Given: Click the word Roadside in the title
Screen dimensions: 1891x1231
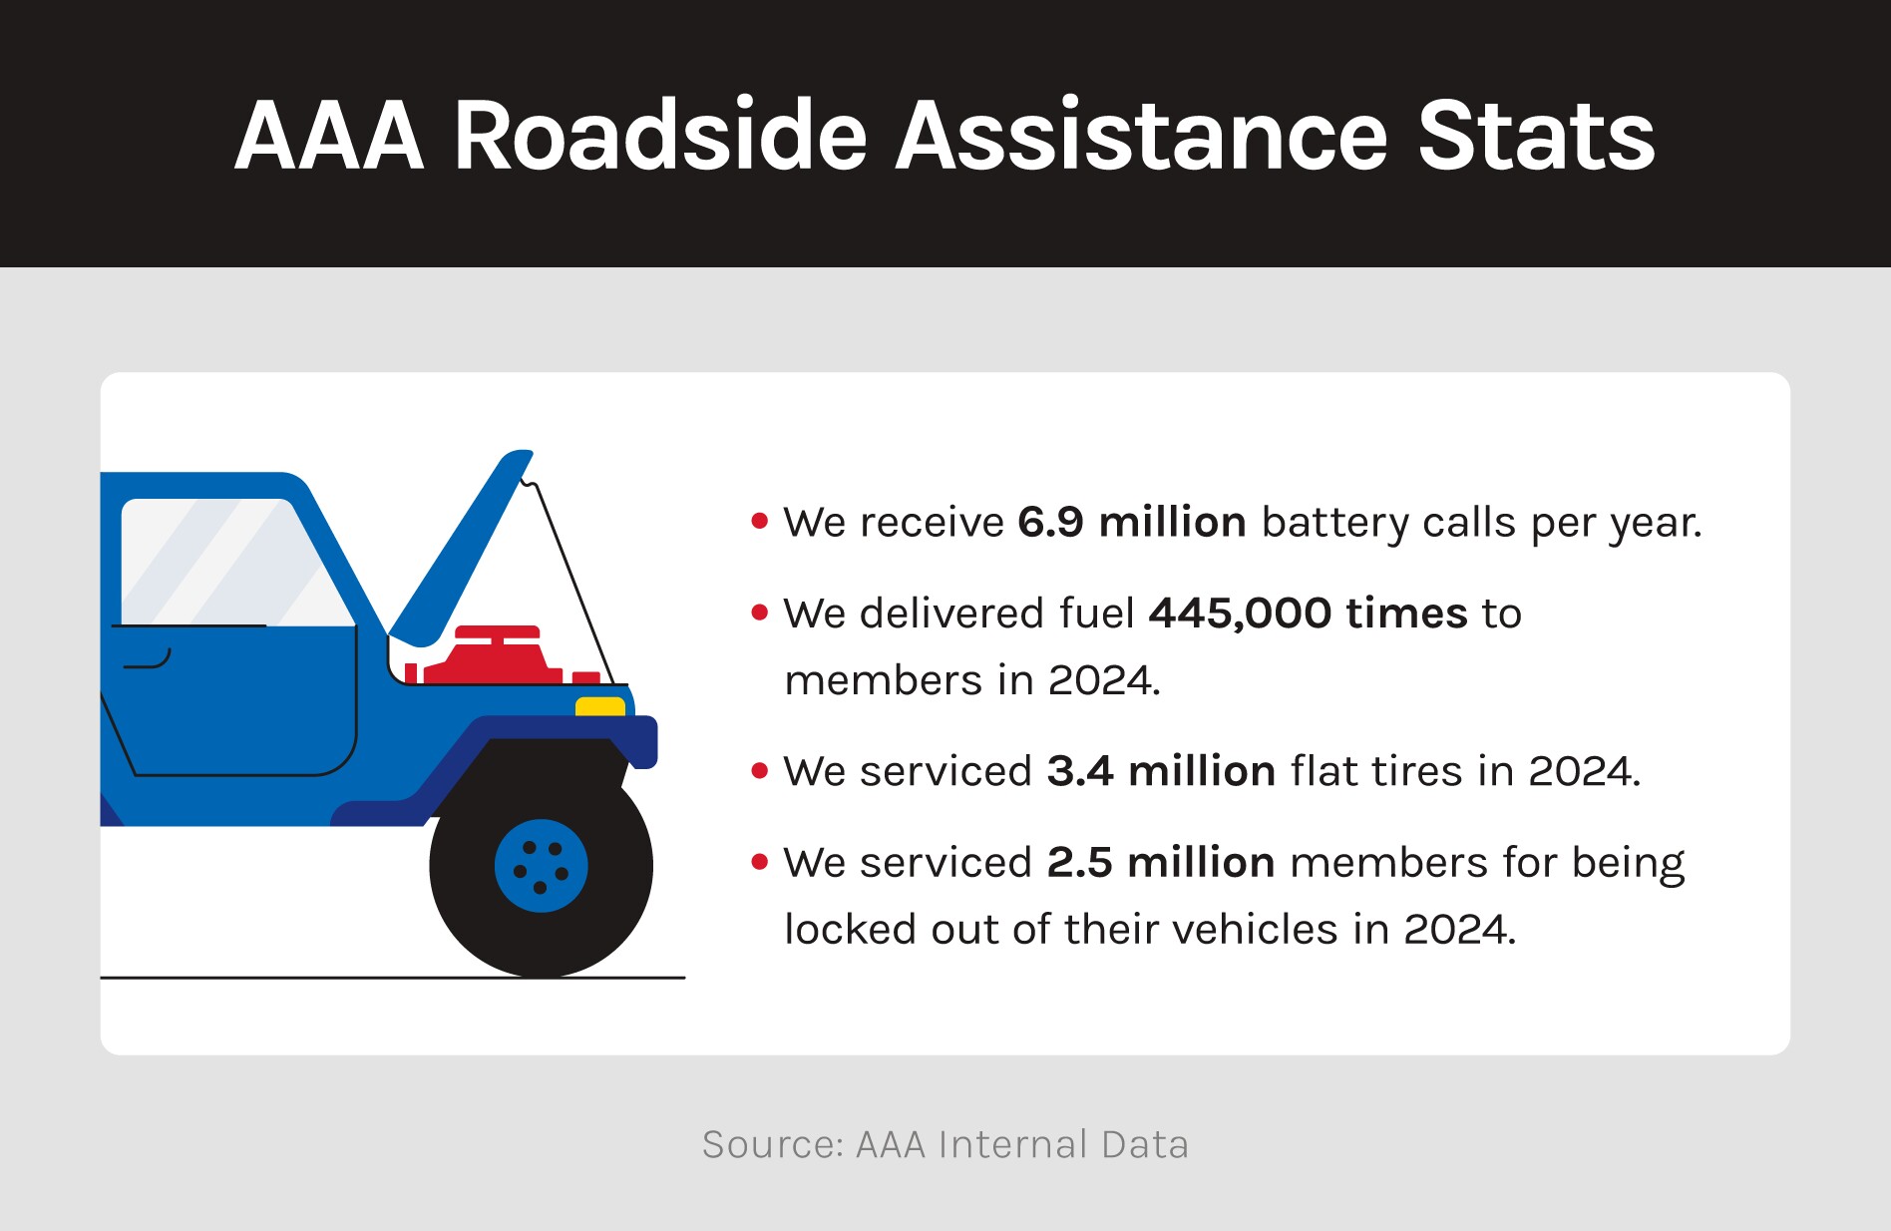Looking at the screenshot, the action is (x=660, y=136).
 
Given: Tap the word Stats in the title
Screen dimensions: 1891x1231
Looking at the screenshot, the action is (x=1536, y=136).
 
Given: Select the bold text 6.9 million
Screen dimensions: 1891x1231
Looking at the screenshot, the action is (x=1132, y=522).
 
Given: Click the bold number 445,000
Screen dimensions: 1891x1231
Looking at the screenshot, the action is (x=1240, y=614).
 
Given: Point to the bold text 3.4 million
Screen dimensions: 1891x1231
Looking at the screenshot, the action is (x=1162, y=771).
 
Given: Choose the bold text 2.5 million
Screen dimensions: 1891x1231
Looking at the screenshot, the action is (x=1161, y=862).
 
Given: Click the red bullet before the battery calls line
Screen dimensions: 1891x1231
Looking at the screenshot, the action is (x=760, y=521).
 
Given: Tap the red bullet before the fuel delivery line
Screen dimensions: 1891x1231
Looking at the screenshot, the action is (x=760, y=612).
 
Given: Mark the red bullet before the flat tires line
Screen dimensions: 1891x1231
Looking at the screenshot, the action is (x=760, y=770).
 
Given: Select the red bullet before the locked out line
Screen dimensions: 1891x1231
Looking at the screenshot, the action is (x=760, y=861).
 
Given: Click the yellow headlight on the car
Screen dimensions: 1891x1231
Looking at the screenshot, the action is (x=600, y=706).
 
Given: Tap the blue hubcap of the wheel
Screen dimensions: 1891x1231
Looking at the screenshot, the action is (x=541, y=866).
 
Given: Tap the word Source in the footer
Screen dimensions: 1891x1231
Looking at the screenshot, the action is (x=772, y=1144).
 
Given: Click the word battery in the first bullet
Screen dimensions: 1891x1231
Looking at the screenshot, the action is (x=1334, y=523).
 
